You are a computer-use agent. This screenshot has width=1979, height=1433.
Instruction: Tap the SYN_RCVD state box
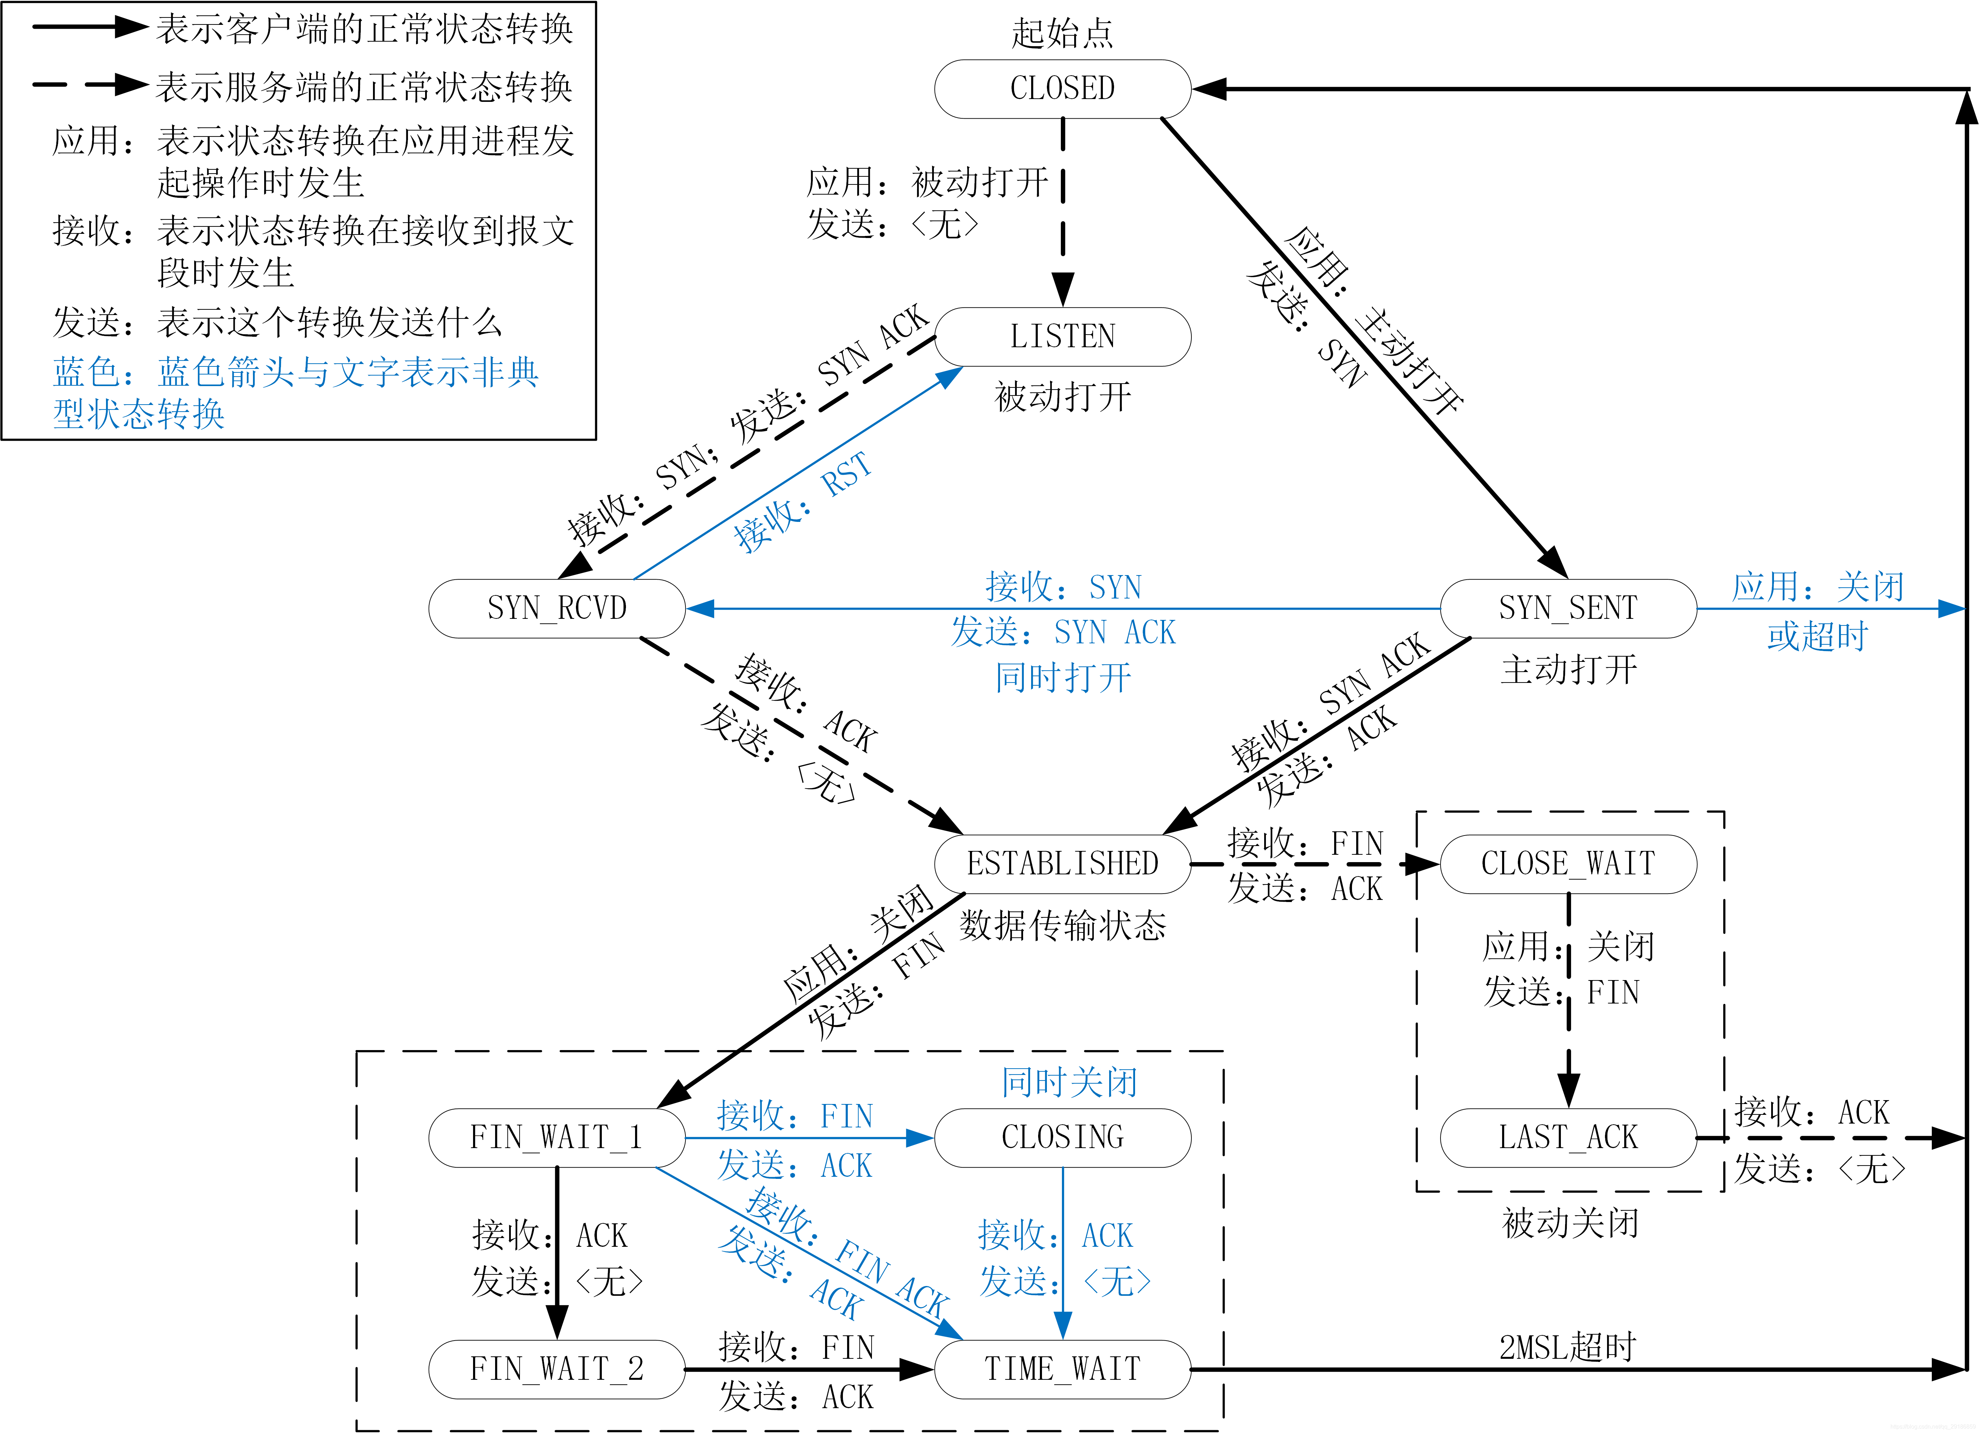click(557, 608)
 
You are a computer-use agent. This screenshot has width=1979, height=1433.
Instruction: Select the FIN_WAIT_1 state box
click(557, 1137)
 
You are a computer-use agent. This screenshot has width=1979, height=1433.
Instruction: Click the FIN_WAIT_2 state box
click(557, 1368)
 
